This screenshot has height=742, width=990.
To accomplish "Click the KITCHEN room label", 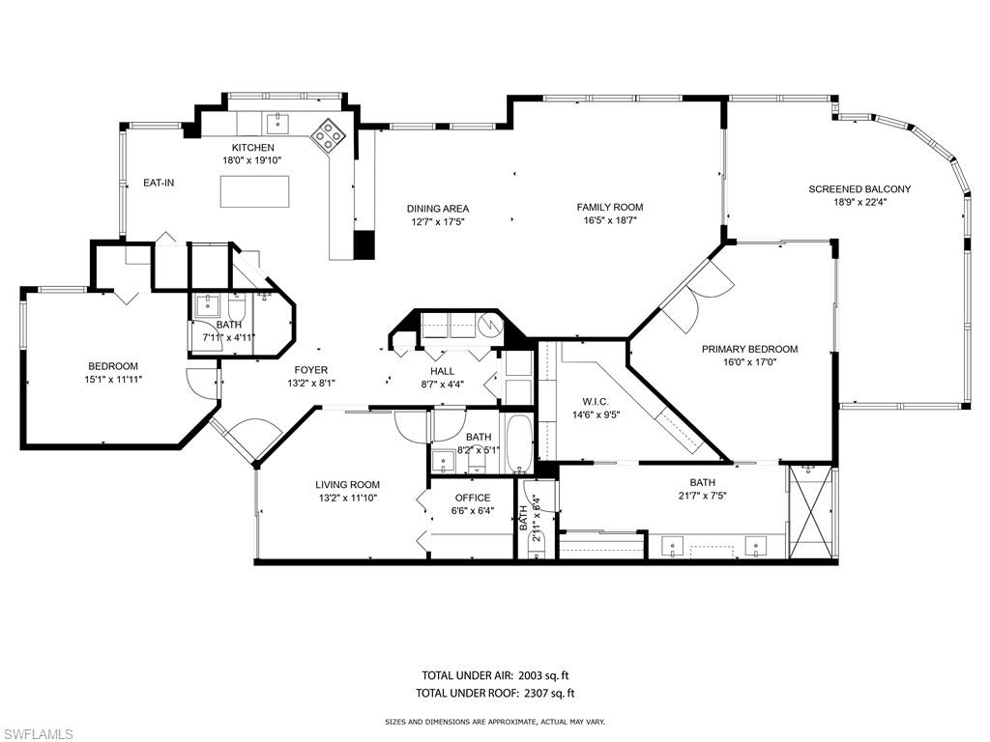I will (x=246, y=147).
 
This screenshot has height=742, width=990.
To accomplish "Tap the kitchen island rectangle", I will (x=255, y=192).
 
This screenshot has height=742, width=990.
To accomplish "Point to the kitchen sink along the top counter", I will (x=277, y=122).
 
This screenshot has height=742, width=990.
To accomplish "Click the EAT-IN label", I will (x=159, y=183).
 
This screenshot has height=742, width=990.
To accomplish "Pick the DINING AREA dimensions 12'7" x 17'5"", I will (x=437, y=221).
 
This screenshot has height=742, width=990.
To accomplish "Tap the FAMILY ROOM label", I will (x=609, y=207).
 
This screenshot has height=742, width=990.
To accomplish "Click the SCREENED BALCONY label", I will (x=859, y=189).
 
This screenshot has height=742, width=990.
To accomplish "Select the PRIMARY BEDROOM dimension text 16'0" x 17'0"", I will (x=749, y=362).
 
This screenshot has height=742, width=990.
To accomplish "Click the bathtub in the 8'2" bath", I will (x=518, y=442).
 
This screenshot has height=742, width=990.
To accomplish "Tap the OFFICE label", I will (x=472, y=498).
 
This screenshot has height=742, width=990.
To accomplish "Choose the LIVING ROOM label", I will (x=347, y=484).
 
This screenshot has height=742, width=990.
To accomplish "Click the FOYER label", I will (x=311, y=370).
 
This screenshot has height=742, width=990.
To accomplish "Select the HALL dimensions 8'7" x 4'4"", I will (x=443, y=385).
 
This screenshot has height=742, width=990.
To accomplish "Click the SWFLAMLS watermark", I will (x=39, y=734).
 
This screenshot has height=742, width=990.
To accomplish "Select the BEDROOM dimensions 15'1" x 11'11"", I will (x=113, y=380).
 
